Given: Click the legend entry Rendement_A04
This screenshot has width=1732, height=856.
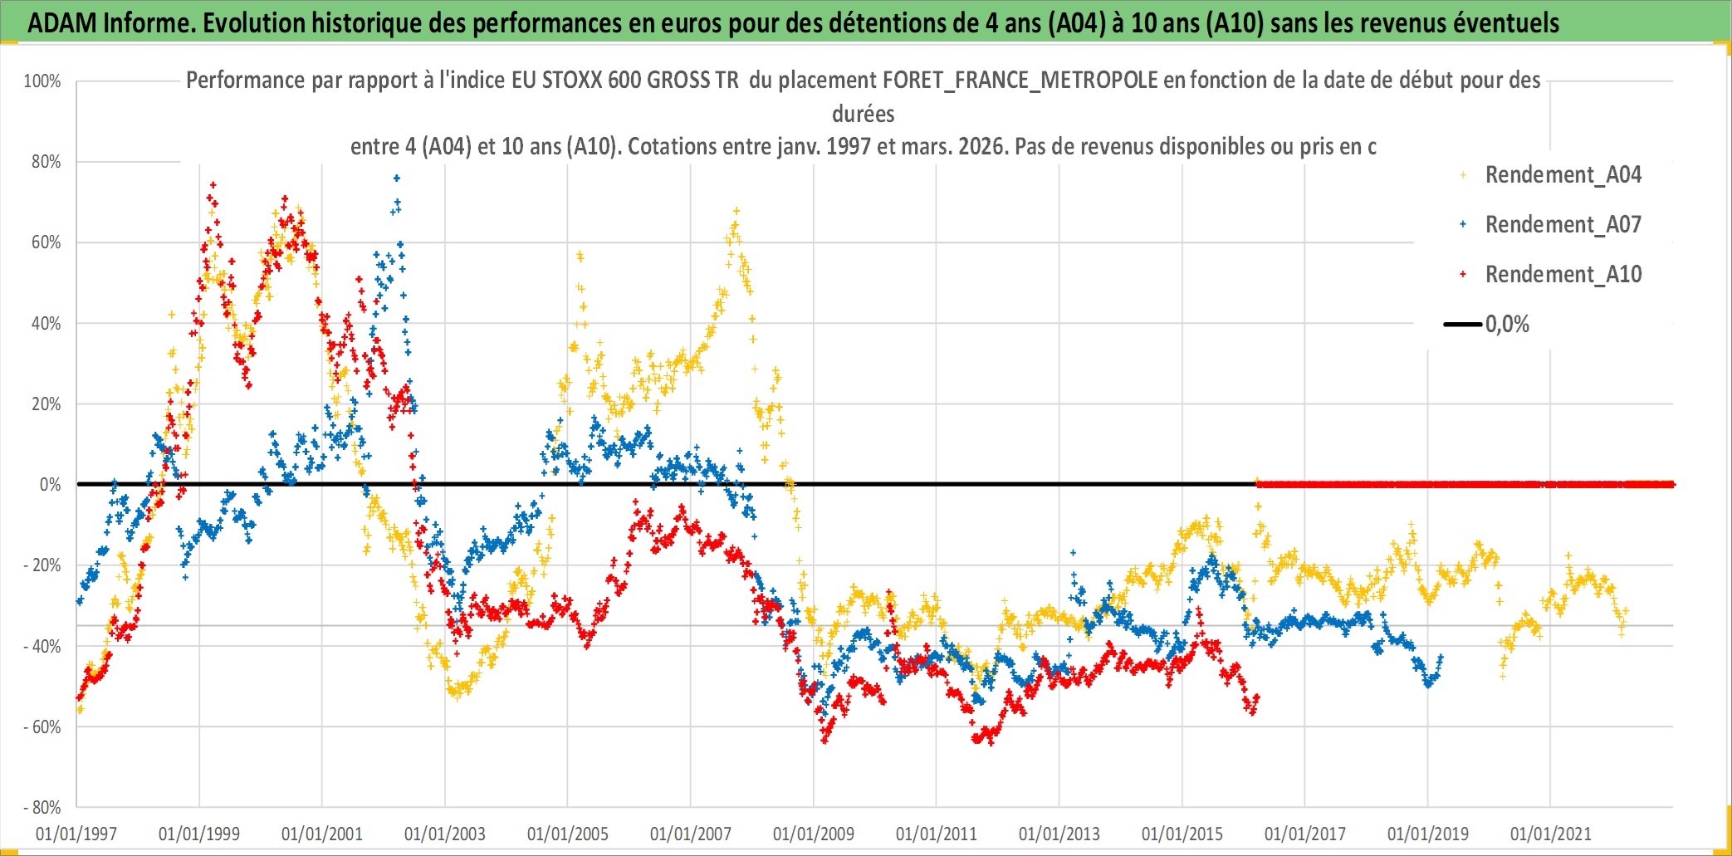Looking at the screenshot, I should (1563, 175).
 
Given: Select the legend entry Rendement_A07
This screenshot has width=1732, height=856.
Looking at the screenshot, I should (1563, 225).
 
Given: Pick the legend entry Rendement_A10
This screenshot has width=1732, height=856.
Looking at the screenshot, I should (1563, 275).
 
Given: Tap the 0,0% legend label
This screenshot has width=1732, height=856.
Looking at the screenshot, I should (1507, 325).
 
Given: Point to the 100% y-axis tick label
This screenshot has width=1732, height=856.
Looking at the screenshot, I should (42, 81).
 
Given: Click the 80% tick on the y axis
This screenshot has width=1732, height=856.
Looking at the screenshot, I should (46, 162).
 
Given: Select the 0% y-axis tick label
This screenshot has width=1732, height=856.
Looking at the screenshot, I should (50, 485).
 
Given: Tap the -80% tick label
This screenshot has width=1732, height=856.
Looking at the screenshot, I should (42, 808).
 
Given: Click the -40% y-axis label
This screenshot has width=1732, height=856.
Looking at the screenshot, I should (42, 646).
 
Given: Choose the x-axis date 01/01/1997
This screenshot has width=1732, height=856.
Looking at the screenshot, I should (76, 834).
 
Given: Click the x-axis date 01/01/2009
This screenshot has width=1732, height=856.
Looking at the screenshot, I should (814, 834).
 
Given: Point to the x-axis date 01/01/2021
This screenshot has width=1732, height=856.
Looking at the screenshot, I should (1551, 834).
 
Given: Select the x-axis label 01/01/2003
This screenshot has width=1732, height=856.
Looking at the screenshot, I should (445, 834).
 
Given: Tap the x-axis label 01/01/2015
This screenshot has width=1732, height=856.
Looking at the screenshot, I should (1182, 834).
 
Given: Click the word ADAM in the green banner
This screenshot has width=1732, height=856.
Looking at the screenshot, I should (62, 23).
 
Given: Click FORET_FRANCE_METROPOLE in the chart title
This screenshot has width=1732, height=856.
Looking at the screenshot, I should (1020, 81).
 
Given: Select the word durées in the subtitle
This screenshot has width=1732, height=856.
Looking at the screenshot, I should (864, 114).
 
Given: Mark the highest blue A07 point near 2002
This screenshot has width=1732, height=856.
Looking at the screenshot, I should (397, 178).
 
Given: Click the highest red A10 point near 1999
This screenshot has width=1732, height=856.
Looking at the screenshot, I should (213, 185).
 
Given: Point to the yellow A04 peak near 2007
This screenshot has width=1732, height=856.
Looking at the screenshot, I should (736, 211).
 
